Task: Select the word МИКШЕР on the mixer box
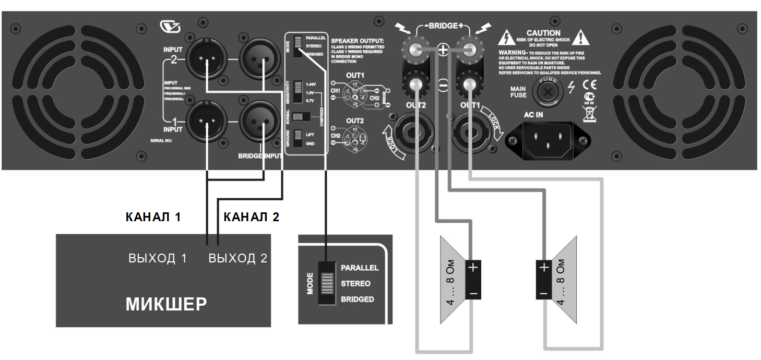pos(165,304)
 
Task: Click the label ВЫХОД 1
pos(157,258)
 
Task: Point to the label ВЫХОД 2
pos(237,258)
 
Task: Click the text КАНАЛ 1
pos(153,218)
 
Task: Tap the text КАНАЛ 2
pos(251,218)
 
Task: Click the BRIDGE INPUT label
pos(260,155)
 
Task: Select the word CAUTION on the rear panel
pos(543,33)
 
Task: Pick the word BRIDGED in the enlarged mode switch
pos(357,299)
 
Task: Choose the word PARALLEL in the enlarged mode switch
pos(360,268)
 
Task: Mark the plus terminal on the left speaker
pos(473,268)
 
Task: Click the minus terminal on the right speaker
pos(543,294)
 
